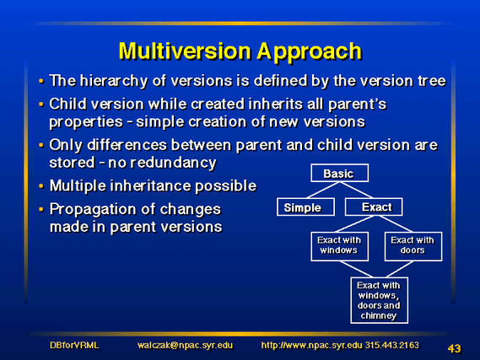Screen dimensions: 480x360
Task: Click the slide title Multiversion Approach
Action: tap(240, 51)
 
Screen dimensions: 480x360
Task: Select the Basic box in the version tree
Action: tap(339, 173)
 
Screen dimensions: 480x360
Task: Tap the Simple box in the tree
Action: tap(305, 207)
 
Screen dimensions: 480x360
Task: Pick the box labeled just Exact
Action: tap(374, 207)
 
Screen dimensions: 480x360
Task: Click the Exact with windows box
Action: tap(339, 246)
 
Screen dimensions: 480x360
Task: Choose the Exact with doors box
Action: tap(413, 246)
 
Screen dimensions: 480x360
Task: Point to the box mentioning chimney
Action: tap(380, 300)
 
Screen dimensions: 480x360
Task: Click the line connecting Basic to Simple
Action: tap(322, 191)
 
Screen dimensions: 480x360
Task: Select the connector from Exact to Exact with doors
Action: tap(396, 224)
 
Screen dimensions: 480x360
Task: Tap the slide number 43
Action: tap(455, 348)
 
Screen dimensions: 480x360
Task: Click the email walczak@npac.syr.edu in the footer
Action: tap(185, 346)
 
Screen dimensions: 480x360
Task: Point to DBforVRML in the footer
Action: tap(74, 346)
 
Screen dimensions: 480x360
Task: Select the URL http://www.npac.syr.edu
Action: tap(311, 346)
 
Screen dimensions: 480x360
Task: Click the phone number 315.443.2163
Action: tap(392, 345)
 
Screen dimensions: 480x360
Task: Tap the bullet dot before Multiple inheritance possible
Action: tap(41, 186)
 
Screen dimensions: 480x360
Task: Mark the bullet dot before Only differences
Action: tap(41, 145)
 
